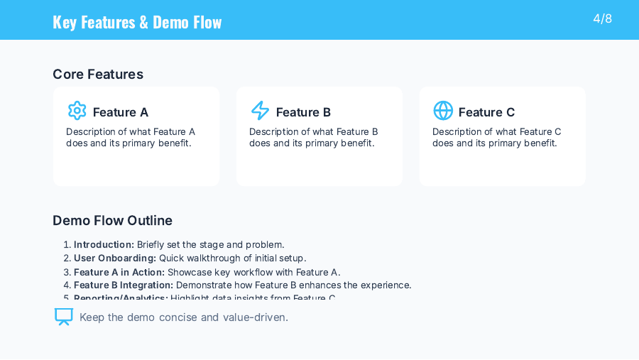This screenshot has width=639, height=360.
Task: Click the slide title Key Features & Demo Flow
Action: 137,22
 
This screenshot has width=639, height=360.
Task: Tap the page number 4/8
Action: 602,18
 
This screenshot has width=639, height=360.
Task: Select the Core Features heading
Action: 98,75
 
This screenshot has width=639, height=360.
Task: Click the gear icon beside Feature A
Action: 77,111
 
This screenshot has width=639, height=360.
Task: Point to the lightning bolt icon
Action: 260,111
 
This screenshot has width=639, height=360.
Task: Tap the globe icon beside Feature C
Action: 443,111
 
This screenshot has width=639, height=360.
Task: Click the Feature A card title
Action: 121,112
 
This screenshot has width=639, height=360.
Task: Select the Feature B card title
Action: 303,112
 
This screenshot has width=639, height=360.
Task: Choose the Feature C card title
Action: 486,112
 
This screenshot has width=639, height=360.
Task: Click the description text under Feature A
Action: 131,137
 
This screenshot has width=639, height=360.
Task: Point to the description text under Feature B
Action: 313,137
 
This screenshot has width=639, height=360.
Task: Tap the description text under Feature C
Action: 496,137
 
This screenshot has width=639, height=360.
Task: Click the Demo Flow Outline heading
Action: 112,221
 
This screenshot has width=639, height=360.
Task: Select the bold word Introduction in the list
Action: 104,245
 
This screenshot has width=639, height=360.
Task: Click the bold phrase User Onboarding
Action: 114,258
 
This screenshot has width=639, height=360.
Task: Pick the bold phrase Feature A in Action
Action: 119,272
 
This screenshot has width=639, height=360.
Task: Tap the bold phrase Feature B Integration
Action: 123,285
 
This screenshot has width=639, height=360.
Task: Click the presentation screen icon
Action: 64,317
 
